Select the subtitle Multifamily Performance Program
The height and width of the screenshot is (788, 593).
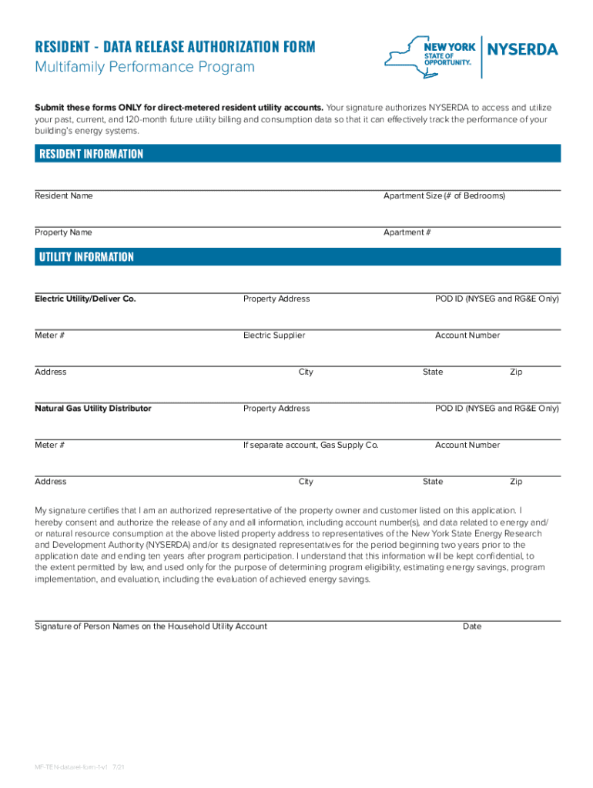tap(144, 68)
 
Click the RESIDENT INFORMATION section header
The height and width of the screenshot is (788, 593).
tap(91, 154)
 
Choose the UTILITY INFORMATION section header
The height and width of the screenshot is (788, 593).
tap(86, 257)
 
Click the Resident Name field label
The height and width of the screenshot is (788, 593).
tap(63, 196)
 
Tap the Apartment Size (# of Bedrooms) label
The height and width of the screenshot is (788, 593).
tap(444, 196)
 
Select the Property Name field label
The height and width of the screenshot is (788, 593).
tap(63, 232)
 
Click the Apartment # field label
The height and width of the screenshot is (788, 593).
tap(407, 232)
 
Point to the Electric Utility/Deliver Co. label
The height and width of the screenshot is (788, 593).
tap(85, 299)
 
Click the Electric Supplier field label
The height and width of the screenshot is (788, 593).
tap(273, 336)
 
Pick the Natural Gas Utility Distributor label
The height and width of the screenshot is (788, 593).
tap(92, 409)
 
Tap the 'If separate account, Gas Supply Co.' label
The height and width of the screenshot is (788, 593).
tap(310, 446)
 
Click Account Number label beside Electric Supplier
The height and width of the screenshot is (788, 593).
tap(467, 336)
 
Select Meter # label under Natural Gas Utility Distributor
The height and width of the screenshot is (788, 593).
tap(49, 446)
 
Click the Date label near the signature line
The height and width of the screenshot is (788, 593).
tap(471, 626)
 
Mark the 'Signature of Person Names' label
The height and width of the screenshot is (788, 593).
tap(150, 626)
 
